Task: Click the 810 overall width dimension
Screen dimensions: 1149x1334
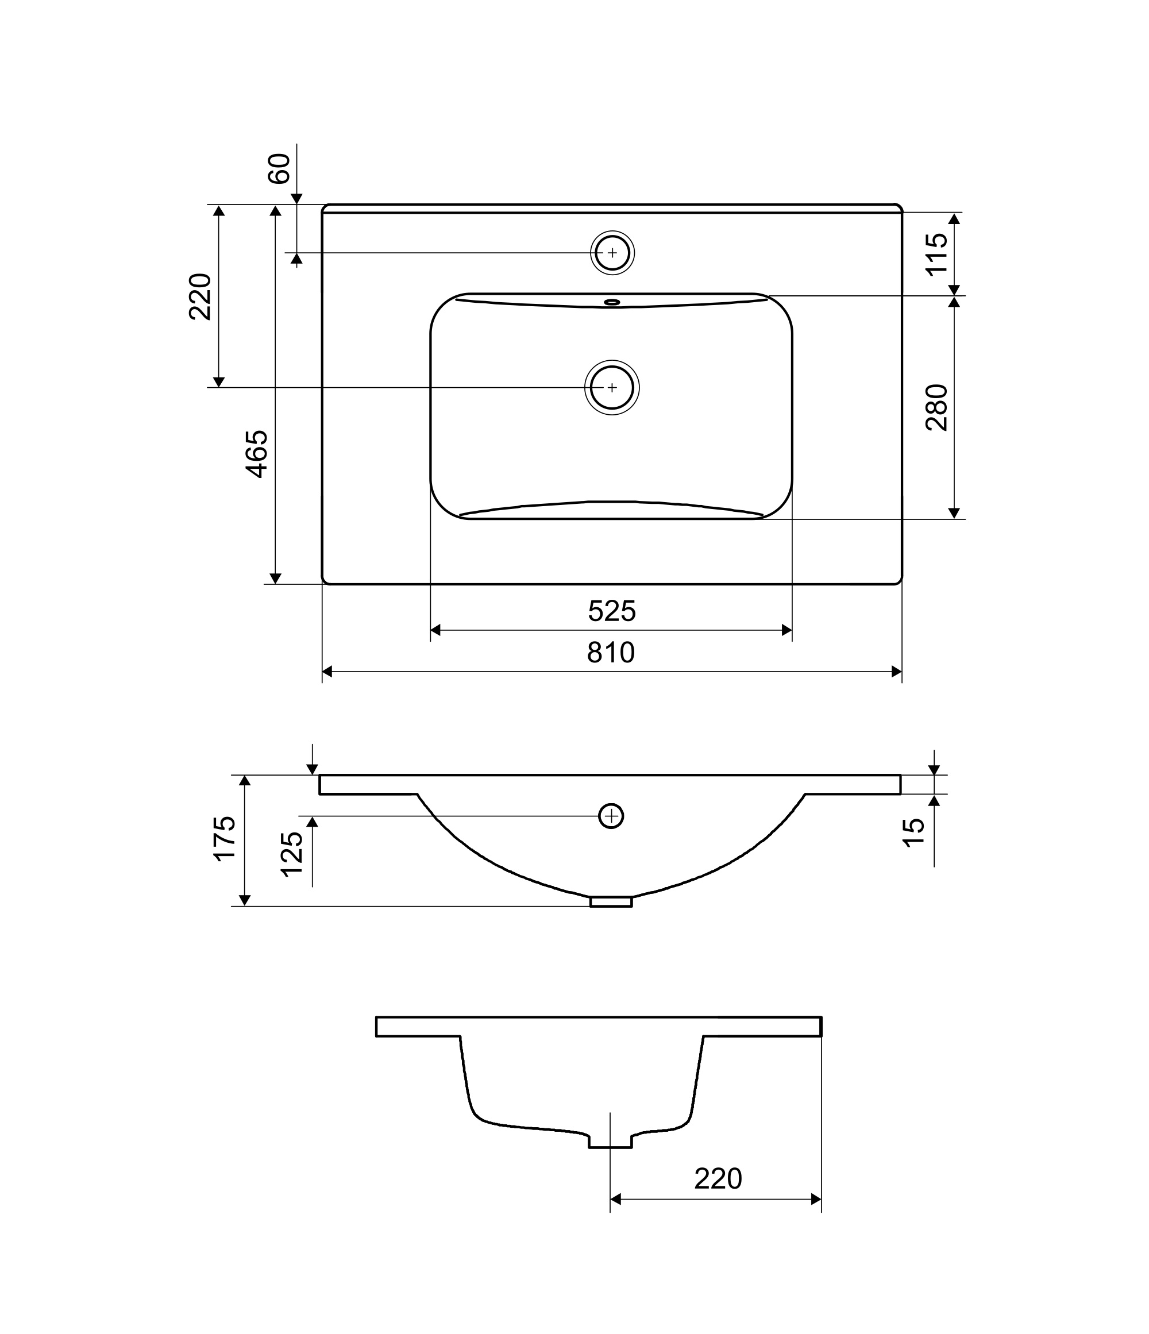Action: pyautogui.click(x=611, y=653)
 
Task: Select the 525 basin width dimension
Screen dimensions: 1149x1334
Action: pyautogui.click(x=611, y=611)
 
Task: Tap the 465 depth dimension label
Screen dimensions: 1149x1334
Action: pyautogui.click(x=257, y=454)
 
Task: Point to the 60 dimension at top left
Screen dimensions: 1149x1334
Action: pyautogui.click(x=279, y=169)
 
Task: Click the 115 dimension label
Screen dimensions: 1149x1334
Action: pyautogui.click(x=936, y=255)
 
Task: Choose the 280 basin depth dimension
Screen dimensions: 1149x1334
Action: pyautogui.click(x=936, y=407)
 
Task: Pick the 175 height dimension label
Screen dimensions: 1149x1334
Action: pyautogui.click(x=225, y=838)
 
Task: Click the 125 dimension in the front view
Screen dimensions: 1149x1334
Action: pyautogui.click(x=292, y=854)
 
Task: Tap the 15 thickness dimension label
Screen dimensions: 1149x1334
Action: pyautogui.click(x=913, y=832)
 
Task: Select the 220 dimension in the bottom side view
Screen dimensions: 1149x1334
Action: pyautogui.click(x=718, y=1179)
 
